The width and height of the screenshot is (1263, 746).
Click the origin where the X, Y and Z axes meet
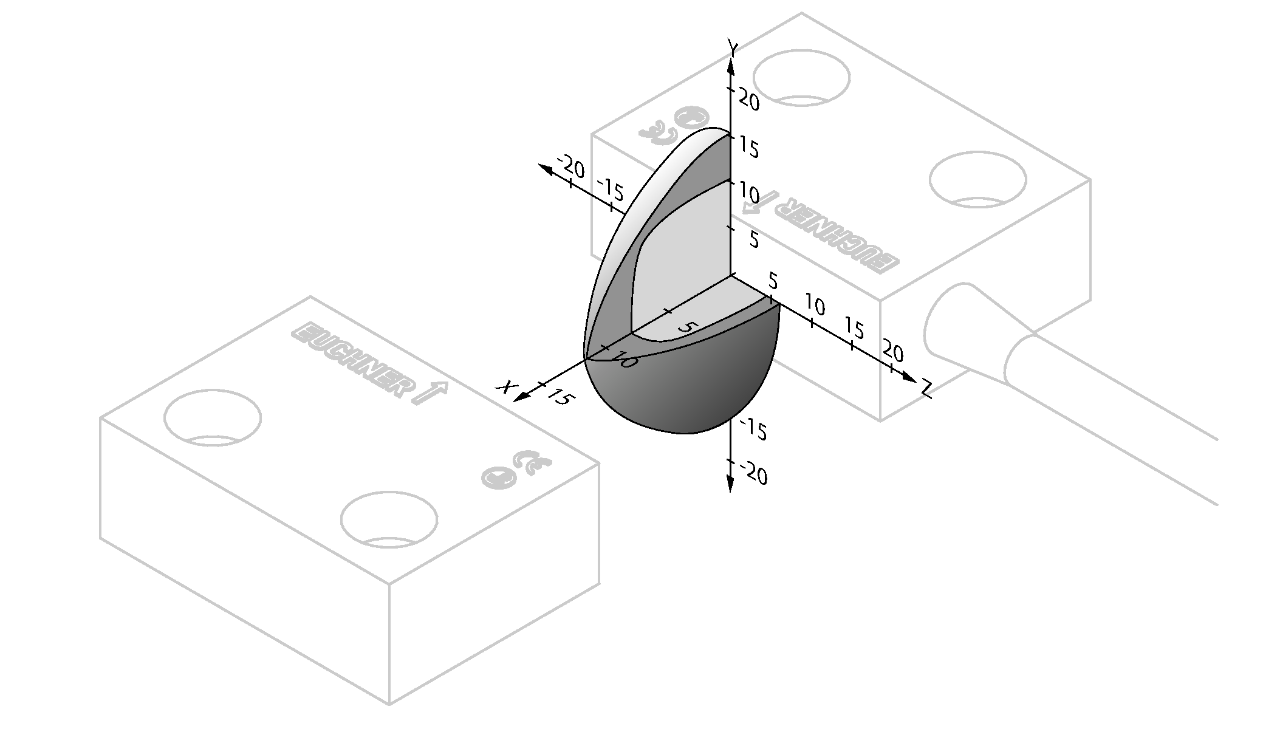click(x=730, y=275)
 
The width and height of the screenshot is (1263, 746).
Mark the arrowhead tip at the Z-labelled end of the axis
click(x=916, y=381)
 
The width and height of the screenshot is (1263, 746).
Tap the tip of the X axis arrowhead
click(x=514, y=401)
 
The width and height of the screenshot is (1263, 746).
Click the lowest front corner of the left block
click(x=389, y=705)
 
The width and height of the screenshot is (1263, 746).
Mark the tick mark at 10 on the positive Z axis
click(x=812, y=322)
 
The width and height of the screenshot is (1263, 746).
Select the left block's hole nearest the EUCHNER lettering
click(x=213, y=419)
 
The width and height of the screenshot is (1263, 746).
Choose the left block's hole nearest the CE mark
click(x=389, y=520)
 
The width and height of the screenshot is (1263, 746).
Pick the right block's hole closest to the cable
click(x=978, y=180)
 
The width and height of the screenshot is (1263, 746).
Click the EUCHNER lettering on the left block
click(x=349, y=360)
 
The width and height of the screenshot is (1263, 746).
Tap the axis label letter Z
click(x=926, y=389)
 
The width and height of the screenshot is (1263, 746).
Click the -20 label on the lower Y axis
click(x=753, y=473)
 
